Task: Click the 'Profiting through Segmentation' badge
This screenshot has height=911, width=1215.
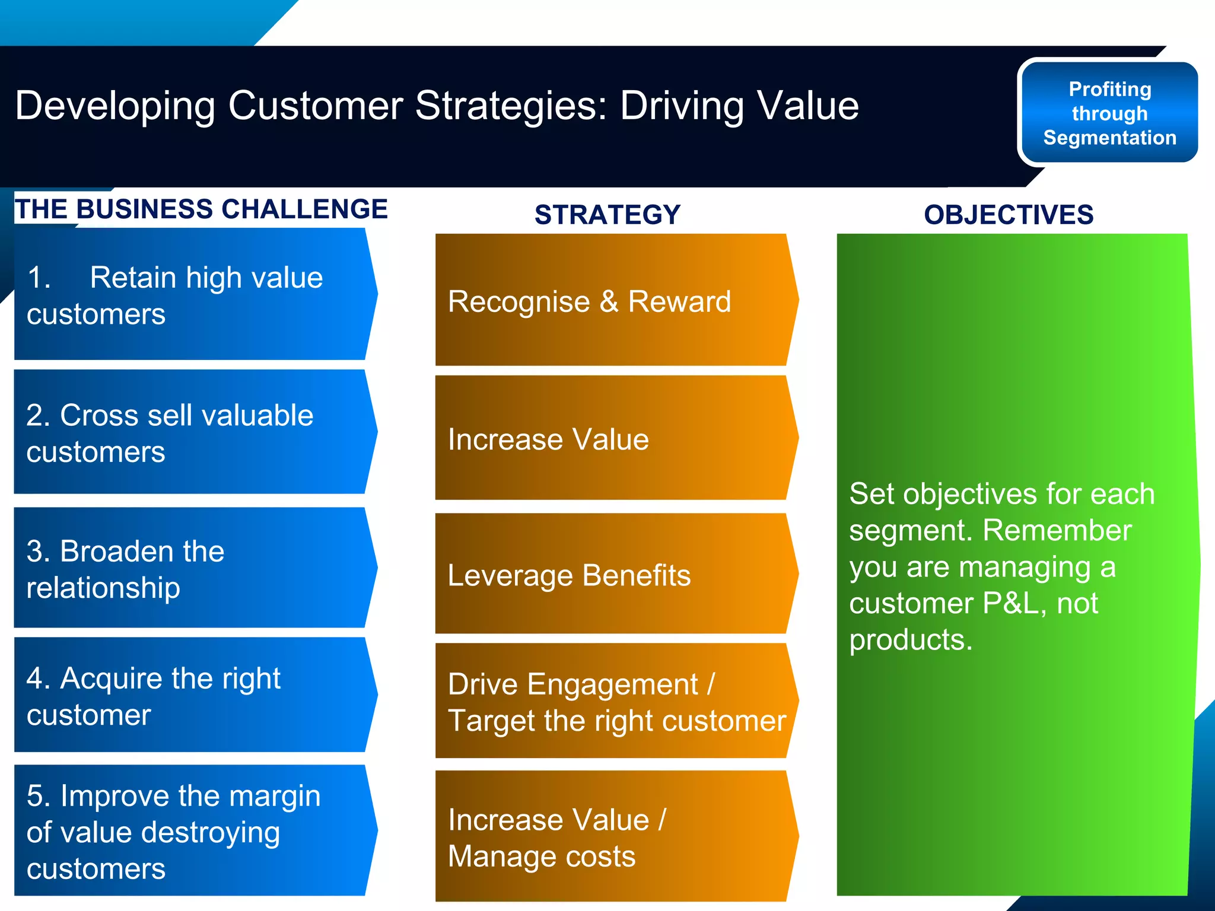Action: click(1109, 113)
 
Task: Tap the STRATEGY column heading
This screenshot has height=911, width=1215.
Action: click(607, 214)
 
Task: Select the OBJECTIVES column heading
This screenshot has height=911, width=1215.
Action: click(1008, 214)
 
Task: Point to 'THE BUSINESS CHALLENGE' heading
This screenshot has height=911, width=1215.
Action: click(201, 209)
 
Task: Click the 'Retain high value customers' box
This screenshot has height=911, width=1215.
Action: click(190, 295)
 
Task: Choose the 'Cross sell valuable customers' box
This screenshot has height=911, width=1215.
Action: click(190, 432)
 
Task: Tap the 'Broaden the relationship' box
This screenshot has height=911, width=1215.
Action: click(190, 568)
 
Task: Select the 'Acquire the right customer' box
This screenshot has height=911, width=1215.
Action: click(190, 695)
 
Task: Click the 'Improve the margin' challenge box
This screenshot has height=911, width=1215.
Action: click(190, 830)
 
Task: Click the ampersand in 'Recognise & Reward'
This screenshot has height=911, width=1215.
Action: click(609, 301)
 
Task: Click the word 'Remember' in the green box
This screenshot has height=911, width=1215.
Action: click(1057, 530)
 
